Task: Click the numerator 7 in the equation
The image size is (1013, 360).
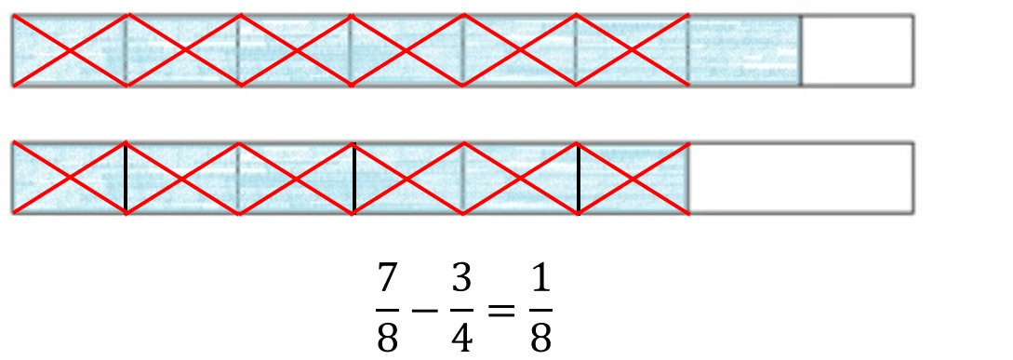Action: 387,280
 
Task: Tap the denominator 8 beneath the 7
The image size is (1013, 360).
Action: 387,336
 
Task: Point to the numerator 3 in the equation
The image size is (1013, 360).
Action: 461,280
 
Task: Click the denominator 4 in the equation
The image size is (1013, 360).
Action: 461,336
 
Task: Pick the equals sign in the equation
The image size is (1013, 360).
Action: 501,310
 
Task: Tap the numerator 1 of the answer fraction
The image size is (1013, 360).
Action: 541,280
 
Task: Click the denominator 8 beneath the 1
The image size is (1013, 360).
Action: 541,336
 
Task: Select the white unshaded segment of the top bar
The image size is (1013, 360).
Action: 858,50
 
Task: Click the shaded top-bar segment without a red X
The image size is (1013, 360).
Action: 745,50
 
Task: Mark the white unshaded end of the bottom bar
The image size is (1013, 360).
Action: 801,178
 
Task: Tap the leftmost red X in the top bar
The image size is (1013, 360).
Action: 70,50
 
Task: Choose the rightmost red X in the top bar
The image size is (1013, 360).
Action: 632,50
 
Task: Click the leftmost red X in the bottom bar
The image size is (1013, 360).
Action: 70,178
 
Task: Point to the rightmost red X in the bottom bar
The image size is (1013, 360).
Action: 632,178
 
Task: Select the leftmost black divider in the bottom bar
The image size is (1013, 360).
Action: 126,178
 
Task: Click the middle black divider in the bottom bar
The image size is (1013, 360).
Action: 354,178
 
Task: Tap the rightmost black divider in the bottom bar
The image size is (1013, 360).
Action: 579,178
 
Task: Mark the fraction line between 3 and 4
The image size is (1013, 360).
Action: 461,309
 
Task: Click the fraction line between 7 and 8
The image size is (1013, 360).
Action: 387,309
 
